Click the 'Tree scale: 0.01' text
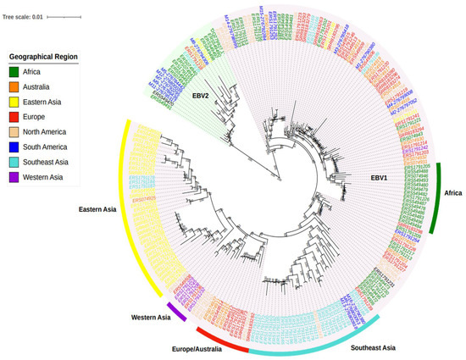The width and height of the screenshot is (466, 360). (x=25, y=15)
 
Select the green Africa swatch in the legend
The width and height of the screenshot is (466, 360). (x=15, y=72)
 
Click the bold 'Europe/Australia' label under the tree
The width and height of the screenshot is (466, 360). (x=206, y=347)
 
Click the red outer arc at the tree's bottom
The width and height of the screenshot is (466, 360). (x=219, y=338)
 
